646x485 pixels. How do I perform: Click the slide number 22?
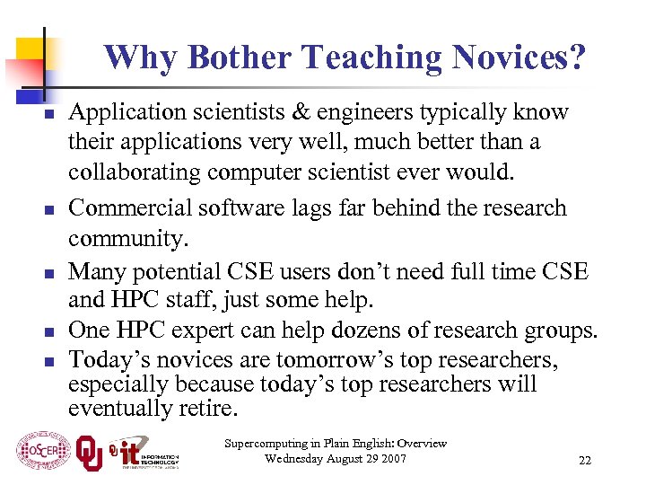click(584, 461)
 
